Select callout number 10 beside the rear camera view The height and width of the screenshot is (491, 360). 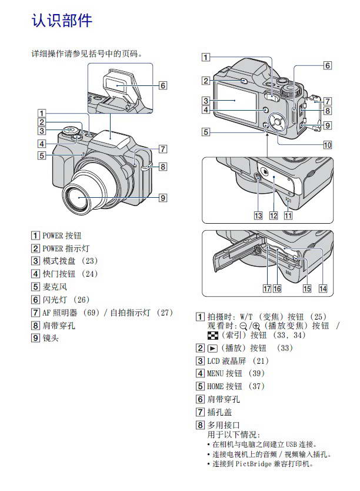tap(327, 144)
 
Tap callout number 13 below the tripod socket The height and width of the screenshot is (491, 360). tap(258, 215)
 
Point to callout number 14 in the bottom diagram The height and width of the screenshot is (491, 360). tap(323, 289)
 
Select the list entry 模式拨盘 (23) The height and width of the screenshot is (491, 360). tap(70, 261)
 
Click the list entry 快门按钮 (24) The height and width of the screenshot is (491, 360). tap(70, 274)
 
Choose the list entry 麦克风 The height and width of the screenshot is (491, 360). tap(55, 287)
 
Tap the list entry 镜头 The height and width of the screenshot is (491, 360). tap(51, 338)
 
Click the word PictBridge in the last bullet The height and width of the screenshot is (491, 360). tap(259, 464)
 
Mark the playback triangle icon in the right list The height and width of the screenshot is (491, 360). tap(212, 348)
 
